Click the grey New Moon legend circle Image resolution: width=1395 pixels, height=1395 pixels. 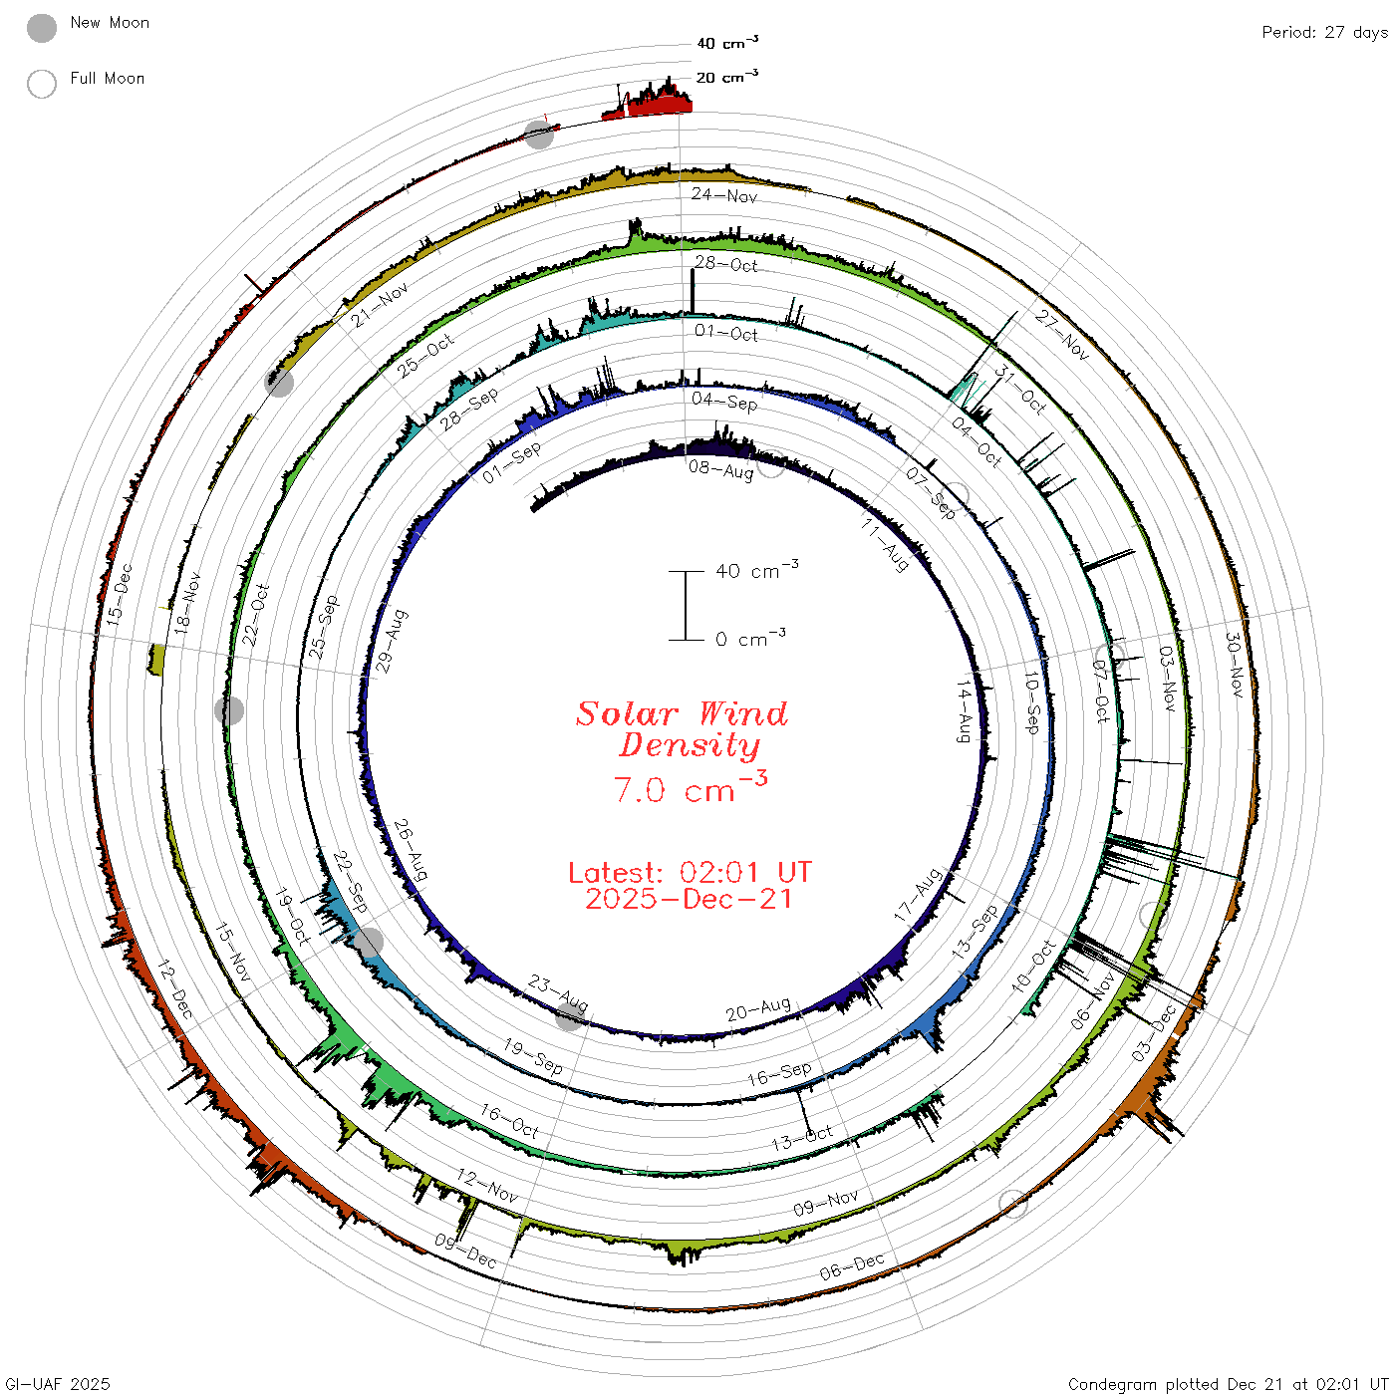click(41, 28)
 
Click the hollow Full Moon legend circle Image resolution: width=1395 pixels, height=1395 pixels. click(41, 84)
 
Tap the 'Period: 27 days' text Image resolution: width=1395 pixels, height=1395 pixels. click(1324, 33)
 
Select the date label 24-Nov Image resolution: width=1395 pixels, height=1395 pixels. click(723, 195)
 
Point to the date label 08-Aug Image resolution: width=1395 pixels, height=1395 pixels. click(720, 470)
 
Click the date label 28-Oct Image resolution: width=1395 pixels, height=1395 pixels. click(725, 264)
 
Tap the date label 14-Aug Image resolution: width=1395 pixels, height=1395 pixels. click(964, 710)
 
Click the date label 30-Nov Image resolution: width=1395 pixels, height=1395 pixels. click(1234, 664)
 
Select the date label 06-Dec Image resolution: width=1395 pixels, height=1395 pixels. click(851, 1266)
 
